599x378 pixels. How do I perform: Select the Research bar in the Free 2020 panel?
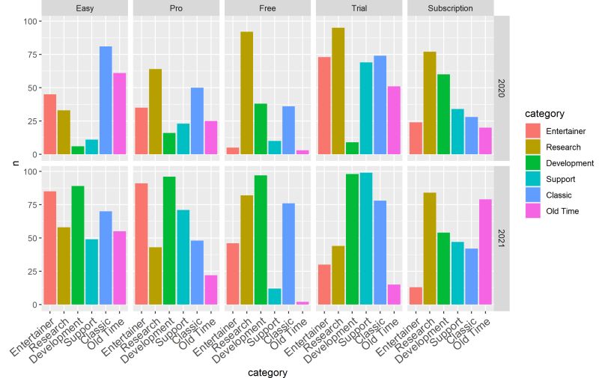click(246, 93)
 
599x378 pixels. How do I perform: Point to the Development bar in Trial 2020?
click(352, 148)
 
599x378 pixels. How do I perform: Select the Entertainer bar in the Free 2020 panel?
click(232, 151)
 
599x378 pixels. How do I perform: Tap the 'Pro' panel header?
click(177, 8)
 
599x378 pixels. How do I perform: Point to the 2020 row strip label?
click(502, 87)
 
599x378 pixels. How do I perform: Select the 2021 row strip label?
click(502, 237)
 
